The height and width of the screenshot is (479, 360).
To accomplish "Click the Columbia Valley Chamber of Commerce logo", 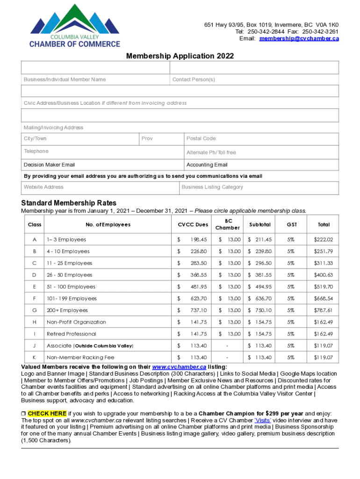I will point(75,26).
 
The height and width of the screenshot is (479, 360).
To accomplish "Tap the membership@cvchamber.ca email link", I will point(299,38).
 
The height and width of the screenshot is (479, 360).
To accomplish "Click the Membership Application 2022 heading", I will point(180,56).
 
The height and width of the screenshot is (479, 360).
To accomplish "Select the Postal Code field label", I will point(202,138).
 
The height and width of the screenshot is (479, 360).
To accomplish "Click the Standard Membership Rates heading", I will point(69,203).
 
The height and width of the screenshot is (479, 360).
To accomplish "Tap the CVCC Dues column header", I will point(193,225).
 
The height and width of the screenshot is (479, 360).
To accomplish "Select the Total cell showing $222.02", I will point(324,239).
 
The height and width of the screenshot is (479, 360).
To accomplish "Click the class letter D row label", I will point(35,275).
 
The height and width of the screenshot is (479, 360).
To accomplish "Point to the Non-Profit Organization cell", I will point(76,322).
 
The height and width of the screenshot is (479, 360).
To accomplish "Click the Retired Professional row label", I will point(72,334).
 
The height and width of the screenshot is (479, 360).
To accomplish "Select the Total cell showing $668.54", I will point(324,298).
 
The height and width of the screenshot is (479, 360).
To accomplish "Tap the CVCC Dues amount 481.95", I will point(198,287).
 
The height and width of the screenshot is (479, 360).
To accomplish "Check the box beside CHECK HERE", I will point(23,414).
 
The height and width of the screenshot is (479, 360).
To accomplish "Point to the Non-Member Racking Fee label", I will point(80,357).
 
